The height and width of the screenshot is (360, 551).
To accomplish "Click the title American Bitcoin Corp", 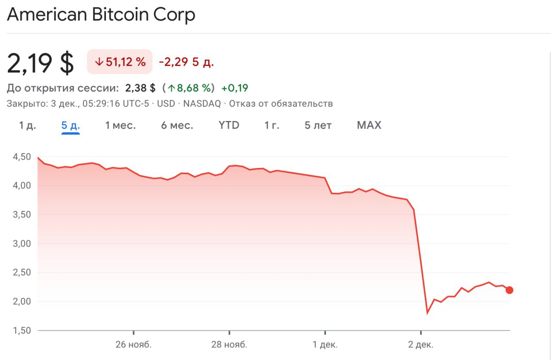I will tap(101, 15).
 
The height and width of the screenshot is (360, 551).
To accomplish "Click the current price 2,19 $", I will tap(40, 63).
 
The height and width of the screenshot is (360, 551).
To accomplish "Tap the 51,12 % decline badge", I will tap(120, 62).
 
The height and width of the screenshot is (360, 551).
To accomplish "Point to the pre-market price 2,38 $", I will tap(140, 88).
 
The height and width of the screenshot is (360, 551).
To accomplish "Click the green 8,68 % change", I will tap(190, 88).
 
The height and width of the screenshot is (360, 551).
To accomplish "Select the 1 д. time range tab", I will tap(28, 125).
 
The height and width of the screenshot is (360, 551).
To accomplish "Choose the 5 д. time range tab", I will tap(71, 125).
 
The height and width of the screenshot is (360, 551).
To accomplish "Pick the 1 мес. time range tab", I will tap(121, 125).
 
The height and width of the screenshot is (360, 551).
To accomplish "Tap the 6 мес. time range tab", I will tap(177, 125).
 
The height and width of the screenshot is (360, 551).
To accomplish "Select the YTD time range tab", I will tap(229, 125).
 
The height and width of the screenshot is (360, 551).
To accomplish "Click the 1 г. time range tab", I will tap(272, 125).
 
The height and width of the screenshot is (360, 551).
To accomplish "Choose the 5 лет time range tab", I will tap(318, 125).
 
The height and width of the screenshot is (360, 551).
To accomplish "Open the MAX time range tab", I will tap(369, 125).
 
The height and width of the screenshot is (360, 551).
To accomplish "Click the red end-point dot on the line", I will tap(509, 290).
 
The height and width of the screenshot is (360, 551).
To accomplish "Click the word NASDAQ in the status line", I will tap(202, 104).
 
